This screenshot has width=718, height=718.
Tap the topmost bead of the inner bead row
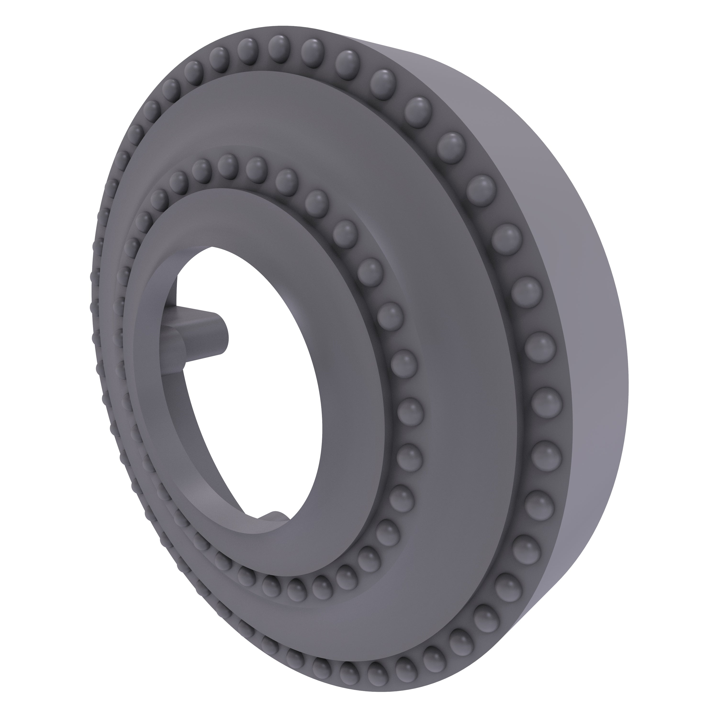point(227,165)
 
